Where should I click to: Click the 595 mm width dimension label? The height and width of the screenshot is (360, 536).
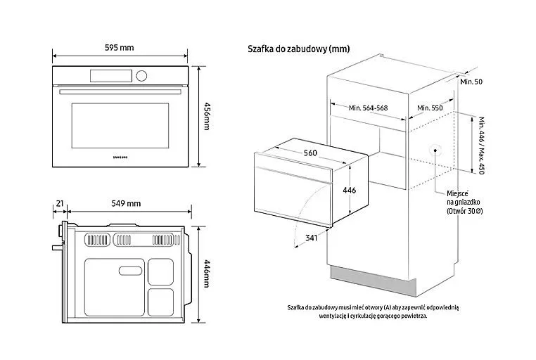point(120,48)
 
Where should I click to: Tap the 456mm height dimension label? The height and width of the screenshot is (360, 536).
point(207,116)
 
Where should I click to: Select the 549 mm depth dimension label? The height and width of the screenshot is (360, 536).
point(126,204)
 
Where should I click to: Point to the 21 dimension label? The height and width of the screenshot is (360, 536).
point(60,204)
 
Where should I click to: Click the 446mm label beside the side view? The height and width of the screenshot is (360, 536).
point(207,274)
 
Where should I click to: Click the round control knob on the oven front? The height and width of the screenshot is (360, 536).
point(141,76)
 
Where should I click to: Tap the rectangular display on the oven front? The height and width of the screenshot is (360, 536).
point(111,76)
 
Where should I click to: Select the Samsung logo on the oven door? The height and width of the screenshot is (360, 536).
point(120,157)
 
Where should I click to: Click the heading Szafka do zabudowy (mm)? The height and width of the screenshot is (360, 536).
point(299,49)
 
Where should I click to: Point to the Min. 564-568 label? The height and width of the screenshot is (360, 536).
point(368,108)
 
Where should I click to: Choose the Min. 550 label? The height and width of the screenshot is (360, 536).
point(430,108)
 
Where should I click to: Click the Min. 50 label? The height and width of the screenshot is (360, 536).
point(471,82)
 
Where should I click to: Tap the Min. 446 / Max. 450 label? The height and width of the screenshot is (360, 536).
point(481,146)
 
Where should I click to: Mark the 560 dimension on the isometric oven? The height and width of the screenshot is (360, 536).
point(310,153)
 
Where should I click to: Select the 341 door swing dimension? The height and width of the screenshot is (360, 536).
point(311,238)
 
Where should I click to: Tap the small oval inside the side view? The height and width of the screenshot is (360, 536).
point(130,271)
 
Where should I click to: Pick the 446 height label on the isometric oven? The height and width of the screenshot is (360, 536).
point(350,191)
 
